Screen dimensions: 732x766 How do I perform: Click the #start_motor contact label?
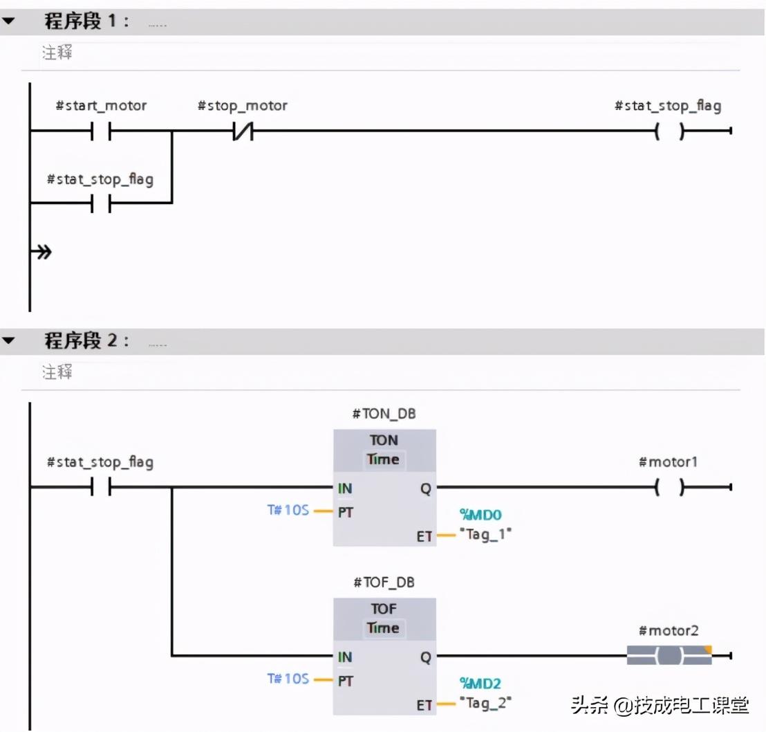tap(101, 106)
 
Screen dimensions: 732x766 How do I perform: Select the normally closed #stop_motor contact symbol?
tap(243, 131)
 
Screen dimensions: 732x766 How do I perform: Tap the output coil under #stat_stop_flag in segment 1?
tap(669, 131)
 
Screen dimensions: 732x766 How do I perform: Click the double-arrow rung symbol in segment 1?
tap(44, 252)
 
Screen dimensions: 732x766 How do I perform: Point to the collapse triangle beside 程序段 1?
tap(8, 21)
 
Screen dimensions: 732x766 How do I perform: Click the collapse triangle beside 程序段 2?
tap(8, 341)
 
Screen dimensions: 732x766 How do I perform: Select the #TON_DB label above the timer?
tap(384, 414)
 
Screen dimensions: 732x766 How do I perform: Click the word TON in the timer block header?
tap(384, 440)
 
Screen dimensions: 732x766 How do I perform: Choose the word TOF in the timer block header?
tap(384, 609)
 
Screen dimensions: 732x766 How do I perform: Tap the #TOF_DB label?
tap(384, 583)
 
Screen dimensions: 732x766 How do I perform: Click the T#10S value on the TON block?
tap(288, 511)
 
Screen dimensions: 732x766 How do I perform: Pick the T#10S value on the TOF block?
tap(288, 679)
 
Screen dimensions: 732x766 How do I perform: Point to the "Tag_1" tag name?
tap(486, 534)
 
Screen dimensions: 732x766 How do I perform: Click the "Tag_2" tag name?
tap(486, 703)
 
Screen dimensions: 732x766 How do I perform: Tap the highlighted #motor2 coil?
tap(669, 655)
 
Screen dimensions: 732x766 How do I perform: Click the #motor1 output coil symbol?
tap(669, 488)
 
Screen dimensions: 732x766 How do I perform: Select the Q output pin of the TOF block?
tap(425, 657)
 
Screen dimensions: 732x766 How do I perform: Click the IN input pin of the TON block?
tap(345, 488)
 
